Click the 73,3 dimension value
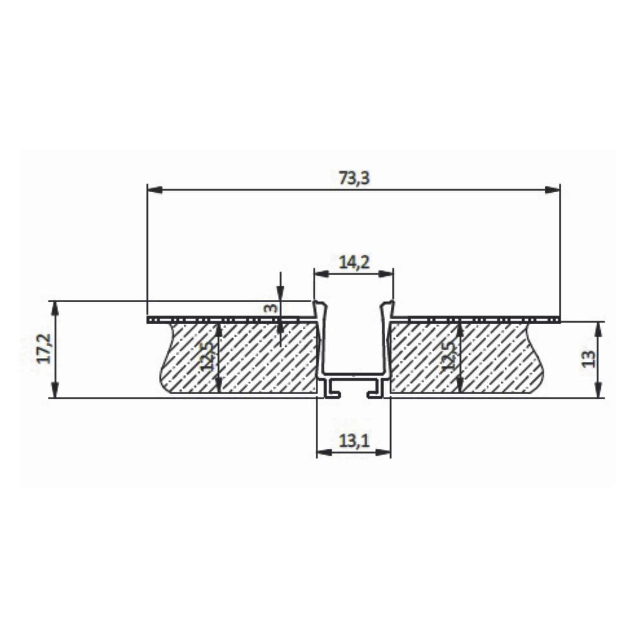[x=354, y=178]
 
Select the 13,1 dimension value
[x=354, y=441]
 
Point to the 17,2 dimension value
[x=44, y=349]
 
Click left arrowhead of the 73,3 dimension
[x=155, y=190]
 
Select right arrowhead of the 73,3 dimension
[x=552, y=190]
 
